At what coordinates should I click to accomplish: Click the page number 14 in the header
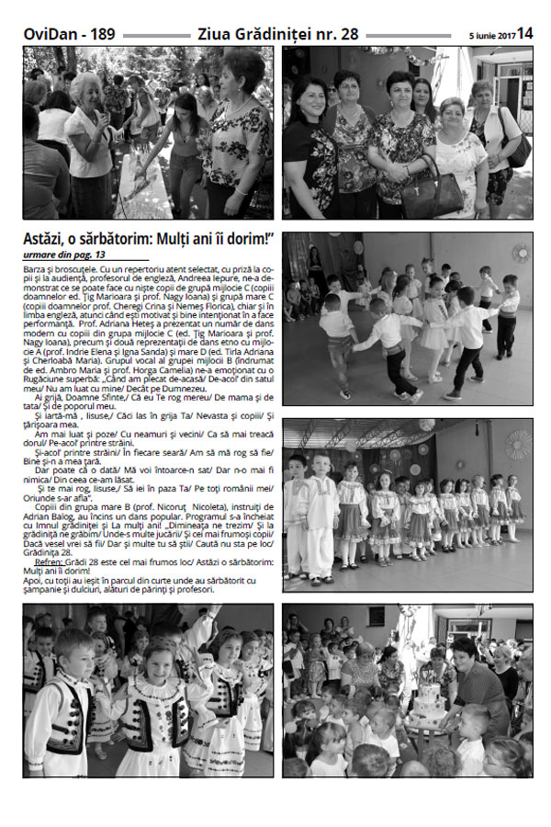click(524, 33)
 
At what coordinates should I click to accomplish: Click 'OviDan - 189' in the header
click(70, 34)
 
